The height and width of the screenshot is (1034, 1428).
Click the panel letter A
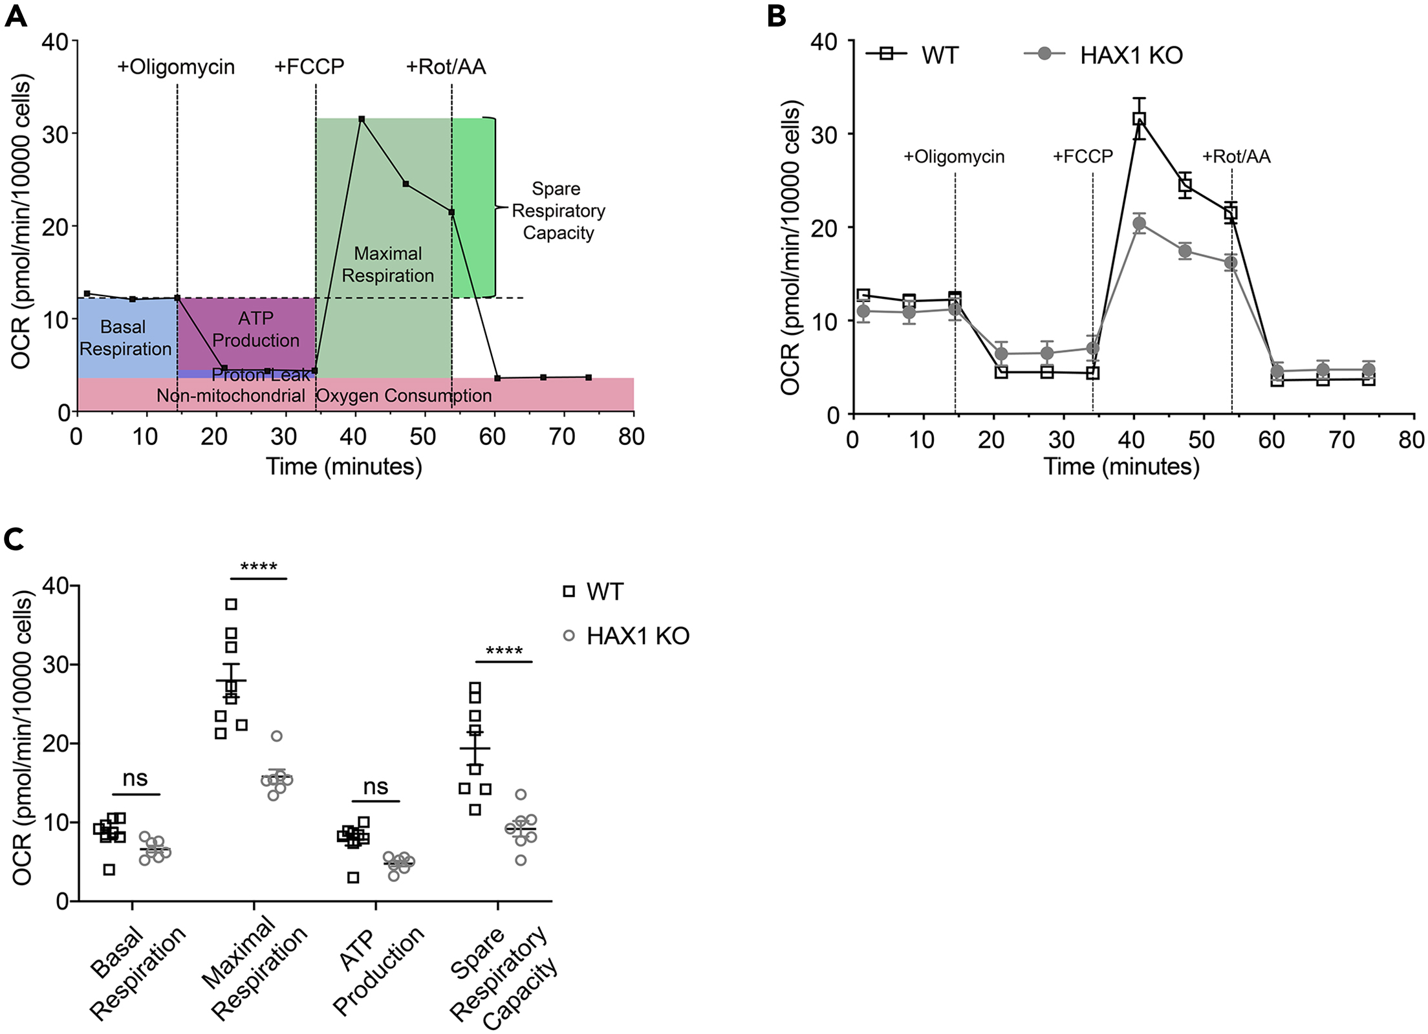pos(16,16)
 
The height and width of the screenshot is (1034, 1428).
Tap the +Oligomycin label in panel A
pos(176,67)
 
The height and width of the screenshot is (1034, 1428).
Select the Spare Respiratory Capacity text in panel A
pos(558,211)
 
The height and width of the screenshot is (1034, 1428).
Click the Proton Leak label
pos(261,375)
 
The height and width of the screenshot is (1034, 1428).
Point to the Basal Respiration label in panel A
pos(125,338)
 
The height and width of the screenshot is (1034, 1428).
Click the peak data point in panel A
pos(362,119)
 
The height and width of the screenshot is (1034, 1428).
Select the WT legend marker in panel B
pos(886,54)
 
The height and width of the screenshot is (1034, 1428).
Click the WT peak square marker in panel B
pos(1139,119)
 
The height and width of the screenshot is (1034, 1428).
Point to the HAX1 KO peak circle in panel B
pos(1139,224)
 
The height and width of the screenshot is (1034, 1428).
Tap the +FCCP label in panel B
pos(1083,156)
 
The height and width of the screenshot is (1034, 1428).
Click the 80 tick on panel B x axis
pos(1411,440)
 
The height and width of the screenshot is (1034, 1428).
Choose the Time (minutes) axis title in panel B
pos(1121,466)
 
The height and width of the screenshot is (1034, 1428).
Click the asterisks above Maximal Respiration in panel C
pos(259,568)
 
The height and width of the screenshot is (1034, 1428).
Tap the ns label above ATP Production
pos(376,787)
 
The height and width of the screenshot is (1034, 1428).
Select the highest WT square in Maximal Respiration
pos(231,604)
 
